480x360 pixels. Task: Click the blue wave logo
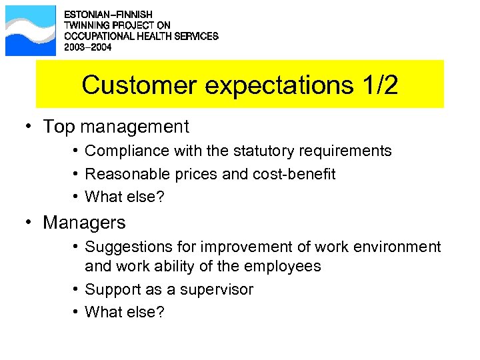[31, 31]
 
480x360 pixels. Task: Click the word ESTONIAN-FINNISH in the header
[107, 14]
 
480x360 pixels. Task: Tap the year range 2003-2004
[88, 47]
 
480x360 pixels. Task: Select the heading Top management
[116, 127]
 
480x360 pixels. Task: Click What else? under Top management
[125, 197]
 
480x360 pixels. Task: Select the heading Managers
[84, 222]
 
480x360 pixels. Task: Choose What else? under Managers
[125, 313]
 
